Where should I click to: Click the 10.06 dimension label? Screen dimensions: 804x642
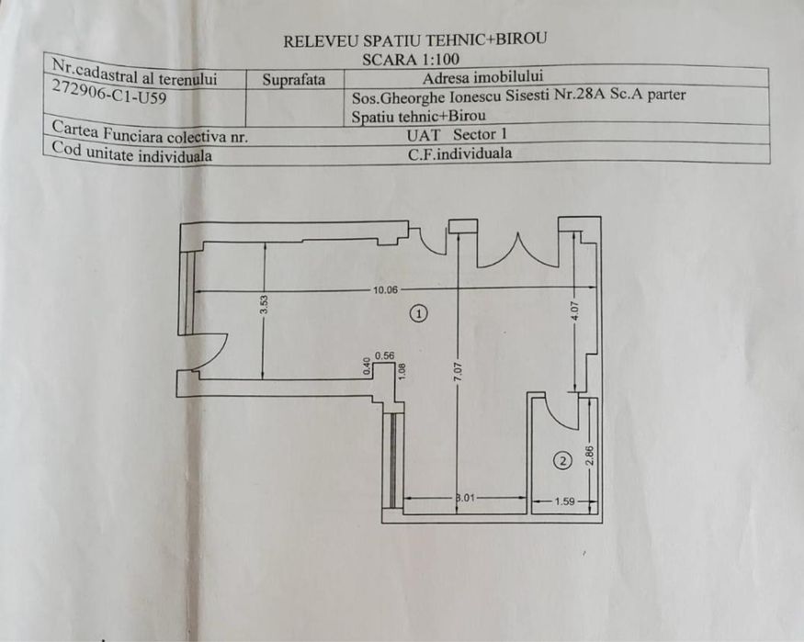click(x=385, y=290)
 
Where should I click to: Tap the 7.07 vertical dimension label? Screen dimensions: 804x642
click(x=459, y=372)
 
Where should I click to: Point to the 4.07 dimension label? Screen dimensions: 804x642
click(x=574, y=310)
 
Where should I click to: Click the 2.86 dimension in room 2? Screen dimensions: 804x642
click(x=589, y=456)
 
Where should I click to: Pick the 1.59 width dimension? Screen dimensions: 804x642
click(x=564, y=501)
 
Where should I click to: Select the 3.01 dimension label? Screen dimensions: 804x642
click(x=466, y=498)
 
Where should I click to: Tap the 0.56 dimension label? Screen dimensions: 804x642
click(x=385, y=355)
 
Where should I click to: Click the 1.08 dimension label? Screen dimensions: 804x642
click(x=402, y=371)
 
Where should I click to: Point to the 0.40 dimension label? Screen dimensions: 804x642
click(x=367, y=366)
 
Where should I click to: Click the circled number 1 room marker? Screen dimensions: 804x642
click(x=419, y=313)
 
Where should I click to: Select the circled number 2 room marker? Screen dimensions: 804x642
click(x=563, y=460)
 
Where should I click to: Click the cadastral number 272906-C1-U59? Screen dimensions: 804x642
click(x=109, y=93)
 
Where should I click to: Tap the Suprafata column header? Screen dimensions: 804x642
click(x=294, y=80)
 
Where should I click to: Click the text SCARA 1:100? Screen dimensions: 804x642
click(x=411, y=60)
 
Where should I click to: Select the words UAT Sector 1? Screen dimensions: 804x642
click(x=457, y=135)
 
